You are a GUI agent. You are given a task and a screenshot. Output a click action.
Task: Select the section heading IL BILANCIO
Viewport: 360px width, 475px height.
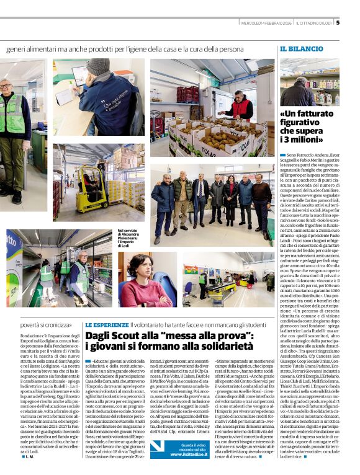[x=301, y=48]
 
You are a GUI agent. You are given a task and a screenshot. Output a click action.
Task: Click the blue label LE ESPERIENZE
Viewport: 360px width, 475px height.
[x=106, y=324]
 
